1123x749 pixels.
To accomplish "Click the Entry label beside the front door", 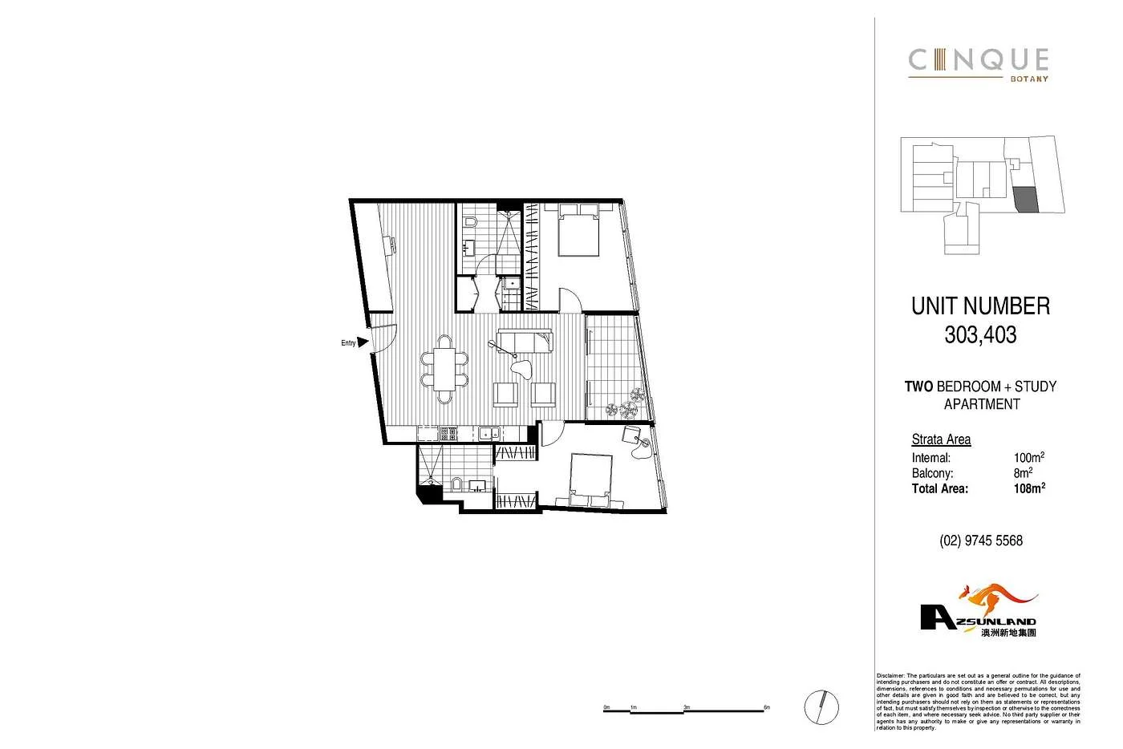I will (348, 343).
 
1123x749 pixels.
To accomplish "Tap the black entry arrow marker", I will (363, 342).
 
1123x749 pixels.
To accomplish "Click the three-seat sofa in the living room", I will (525, 341).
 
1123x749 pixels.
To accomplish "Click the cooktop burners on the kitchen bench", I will (447, 434).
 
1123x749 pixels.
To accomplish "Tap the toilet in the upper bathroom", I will (472, 221).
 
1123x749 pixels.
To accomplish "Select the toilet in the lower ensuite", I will (456, 484).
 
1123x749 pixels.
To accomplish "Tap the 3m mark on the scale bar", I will (686, 707).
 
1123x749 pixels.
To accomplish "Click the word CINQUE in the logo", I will (978, 60).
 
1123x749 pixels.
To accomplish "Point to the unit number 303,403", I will (980, 334).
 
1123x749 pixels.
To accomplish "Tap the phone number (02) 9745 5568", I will (980, 540).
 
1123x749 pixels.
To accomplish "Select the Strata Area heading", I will (941, 439).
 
